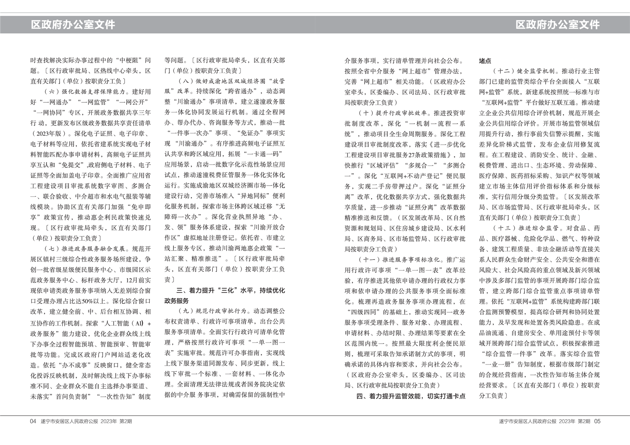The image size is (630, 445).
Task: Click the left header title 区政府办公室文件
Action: click(73, 25)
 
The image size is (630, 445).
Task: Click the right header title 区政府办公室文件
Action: click(557, 25)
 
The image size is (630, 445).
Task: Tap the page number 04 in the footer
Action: click(33, 421)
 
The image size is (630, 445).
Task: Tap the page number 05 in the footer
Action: click(597, 421)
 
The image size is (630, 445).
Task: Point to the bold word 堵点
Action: click(485, 61)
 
